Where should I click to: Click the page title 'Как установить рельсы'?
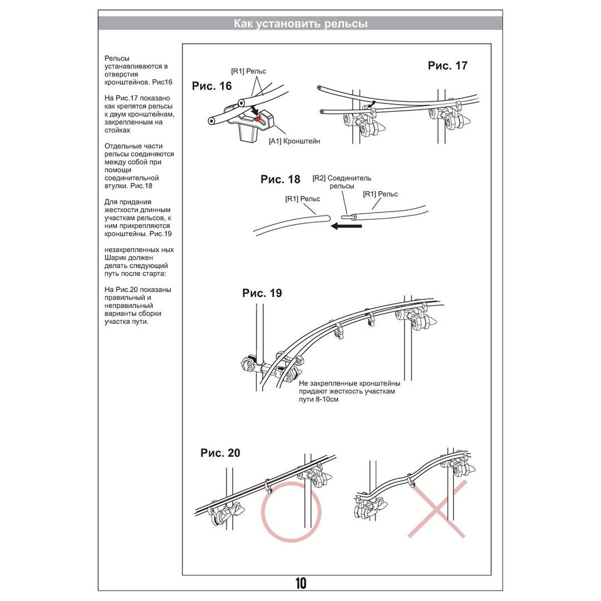[x=300, y=23]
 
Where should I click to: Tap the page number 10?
[x=300, y=583]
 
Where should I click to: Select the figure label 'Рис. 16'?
[x=211, y=86]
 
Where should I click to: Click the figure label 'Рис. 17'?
[x=447, y=66]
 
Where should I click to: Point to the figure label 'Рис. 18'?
[x=280, y=180]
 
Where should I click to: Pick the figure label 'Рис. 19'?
[x=262, y=293]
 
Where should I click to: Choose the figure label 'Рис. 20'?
[x=220, y=453]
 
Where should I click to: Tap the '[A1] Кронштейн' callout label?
[x=294, y=141]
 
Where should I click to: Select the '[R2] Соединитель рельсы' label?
[x=342, y=182]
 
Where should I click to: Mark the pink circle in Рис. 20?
[x=292, y=511]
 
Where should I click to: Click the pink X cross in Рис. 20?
[x=437, y=509]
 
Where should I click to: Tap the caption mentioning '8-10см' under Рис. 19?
[x=349, y=391]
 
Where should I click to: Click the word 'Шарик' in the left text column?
[x=116, y=258]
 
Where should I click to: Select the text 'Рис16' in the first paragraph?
[x=162, y=82]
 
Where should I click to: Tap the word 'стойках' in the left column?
[x=117, y=130]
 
